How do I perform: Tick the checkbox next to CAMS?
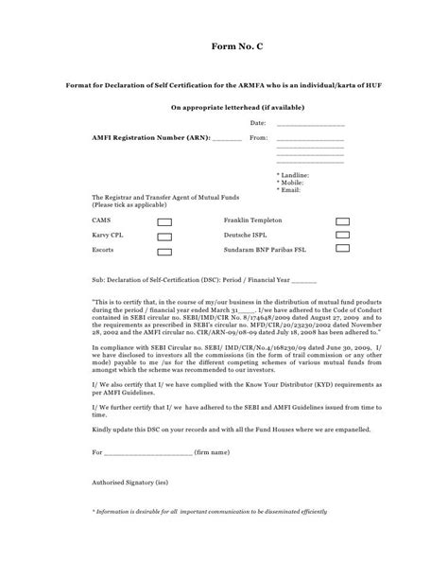(x=164, y=220)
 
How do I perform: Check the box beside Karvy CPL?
(x=164, y=236)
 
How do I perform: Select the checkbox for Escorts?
(x=164, y=253)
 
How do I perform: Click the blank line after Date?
(x=310, y=125)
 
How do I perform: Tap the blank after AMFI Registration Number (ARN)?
(x=227, y=139)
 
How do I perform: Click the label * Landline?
(x=292, y=176)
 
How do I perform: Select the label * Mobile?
(x=290, y=183)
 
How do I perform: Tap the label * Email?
(x=288, y=189)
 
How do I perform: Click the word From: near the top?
(x=259, y=138)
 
